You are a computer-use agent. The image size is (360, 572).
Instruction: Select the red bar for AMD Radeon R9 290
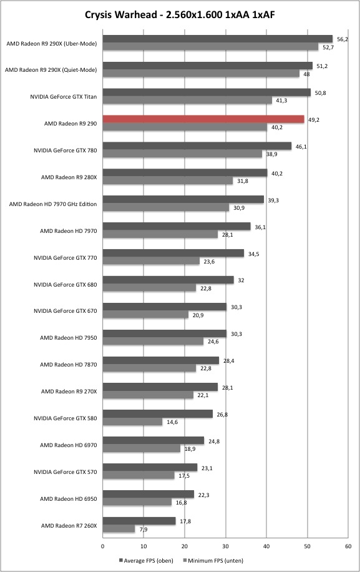tap(203, 119)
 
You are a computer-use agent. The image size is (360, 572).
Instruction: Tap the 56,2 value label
tap(342, 39)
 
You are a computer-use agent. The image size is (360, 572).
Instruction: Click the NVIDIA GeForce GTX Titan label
tap(64, 97)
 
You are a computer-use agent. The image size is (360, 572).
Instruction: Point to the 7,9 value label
tap(144, 530)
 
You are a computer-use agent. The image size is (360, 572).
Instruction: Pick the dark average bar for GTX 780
tap(197, 146)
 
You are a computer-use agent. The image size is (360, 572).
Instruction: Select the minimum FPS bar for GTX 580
tap(132, 422)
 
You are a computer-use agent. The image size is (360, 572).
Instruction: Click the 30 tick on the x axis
tap(226, 546)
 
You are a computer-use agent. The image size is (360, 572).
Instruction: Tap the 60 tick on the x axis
tap(348, 546)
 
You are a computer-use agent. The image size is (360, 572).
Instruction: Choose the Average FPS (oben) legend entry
tap(146, 560)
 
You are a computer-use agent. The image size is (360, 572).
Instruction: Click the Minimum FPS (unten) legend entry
tap(213, 560)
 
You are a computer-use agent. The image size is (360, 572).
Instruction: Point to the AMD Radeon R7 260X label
tap(69, 526)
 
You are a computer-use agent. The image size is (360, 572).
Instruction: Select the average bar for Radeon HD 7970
tap(177, 227)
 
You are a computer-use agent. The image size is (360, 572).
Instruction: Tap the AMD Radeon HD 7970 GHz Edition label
tap(53, 204)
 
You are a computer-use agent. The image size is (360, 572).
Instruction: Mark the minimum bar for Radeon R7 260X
tap(119, 529)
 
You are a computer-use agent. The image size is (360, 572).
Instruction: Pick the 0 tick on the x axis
tap(103, 546)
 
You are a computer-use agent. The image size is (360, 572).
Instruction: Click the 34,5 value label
tap(253, 254)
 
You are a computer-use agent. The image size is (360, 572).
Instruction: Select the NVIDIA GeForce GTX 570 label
tap(66, 472)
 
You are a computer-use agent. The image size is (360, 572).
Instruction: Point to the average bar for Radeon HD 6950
tap(148, 495)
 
